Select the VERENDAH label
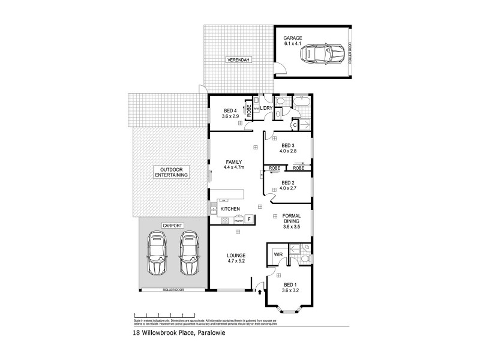click(238, 60)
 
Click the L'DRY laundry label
click(266, 109)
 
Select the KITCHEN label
click(230, 209)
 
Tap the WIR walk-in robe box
click(278, 254)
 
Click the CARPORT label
click(171, 225)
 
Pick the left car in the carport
click(157, 253)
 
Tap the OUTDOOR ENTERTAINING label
click(171, 172)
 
